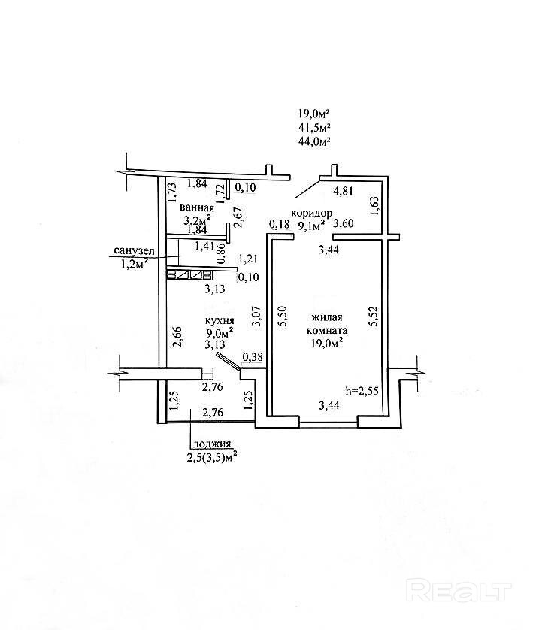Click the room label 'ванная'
click(197, 208)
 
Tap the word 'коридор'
click(312, 213)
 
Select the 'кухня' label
click(220, 321)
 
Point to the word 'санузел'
click(134, 252)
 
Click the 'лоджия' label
click(212, 444)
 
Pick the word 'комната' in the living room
click(327, 331)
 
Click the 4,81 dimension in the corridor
click(344, 191)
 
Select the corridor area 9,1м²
click(311, 226)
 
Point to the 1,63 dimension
click(374, 206)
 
